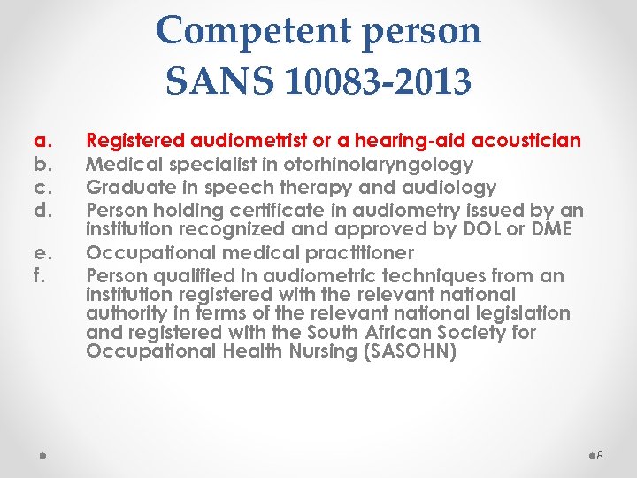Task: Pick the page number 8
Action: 600,455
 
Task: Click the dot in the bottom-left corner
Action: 42,455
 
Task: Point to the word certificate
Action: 271,211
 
